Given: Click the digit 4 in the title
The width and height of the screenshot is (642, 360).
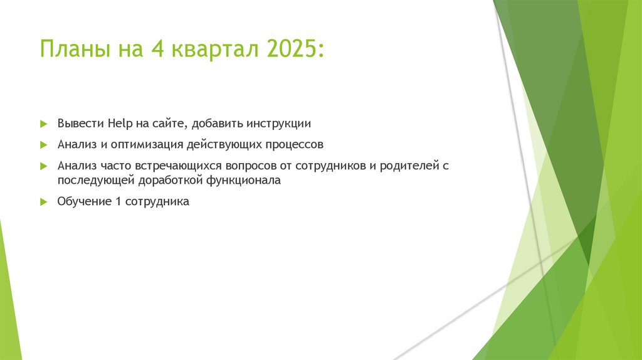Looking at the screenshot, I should pyautogui.click(x=155, y=49).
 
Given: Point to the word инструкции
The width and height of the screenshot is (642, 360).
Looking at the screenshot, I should pyautogui.click(x=278, y=122).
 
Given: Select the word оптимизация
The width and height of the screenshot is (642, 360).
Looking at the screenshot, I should pyautogui.click(x=147, y=144).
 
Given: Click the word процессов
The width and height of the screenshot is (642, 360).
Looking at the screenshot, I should pyautogui.click(x=294, y=144).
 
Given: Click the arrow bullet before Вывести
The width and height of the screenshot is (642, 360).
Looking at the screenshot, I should pyautogui.click(x=43, y=123).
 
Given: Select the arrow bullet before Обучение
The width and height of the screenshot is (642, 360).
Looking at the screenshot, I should pyautogui.click(x=43, y=202).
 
